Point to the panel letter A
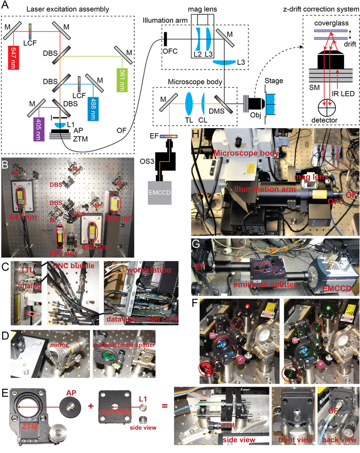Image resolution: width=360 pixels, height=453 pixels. pos(6,6)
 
